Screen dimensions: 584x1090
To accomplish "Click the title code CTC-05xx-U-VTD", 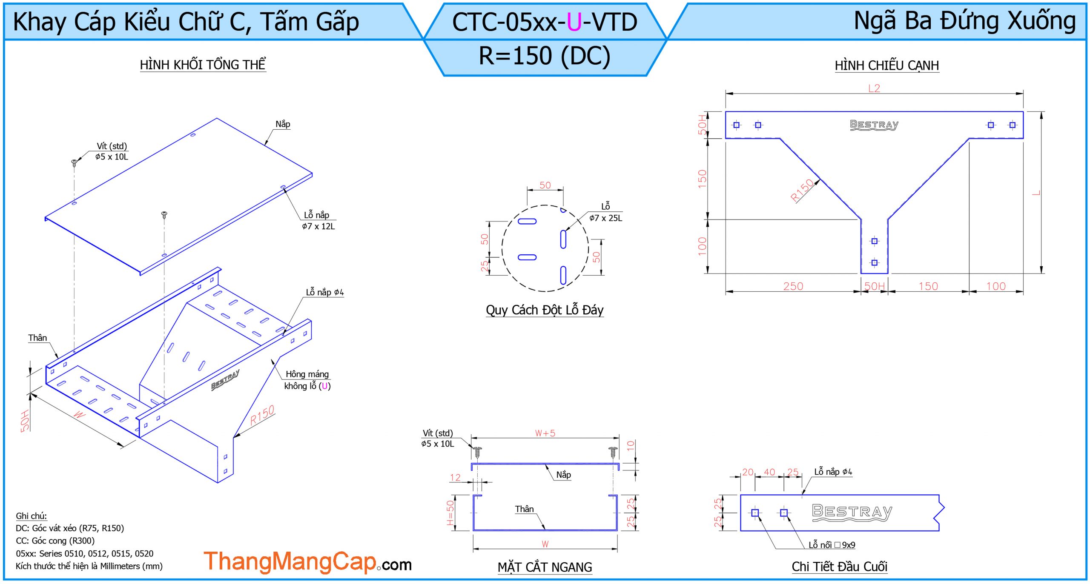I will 545,22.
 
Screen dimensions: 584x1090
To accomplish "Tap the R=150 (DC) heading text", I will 545,56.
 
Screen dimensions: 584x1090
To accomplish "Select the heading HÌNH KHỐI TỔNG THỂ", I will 203,65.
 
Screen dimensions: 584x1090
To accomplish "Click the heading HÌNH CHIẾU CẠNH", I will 886,66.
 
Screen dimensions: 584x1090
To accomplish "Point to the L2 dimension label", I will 874,88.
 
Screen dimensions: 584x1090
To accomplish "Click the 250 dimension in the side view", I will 793,286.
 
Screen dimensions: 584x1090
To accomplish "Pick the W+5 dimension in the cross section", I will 545,433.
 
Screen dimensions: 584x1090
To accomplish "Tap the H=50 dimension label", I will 450,513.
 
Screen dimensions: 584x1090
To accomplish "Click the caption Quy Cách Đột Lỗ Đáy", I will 545,310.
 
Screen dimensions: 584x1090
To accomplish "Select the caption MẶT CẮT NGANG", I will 545,567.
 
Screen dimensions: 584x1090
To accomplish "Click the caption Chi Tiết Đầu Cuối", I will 839,567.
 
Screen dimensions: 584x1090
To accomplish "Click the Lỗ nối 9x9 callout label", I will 832,545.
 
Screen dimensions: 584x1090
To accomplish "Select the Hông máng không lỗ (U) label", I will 307,380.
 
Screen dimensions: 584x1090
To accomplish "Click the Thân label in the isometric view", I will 37,338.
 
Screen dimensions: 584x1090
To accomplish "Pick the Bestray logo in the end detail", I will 852,512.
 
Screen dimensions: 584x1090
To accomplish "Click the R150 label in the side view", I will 802,190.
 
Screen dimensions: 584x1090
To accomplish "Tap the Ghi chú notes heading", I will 31,516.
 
